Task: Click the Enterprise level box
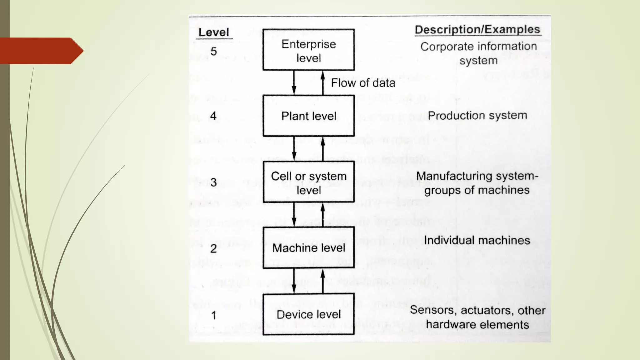coord(308,50)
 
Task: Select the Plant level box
coord(308,116)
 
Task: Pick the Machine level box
coord(308,248)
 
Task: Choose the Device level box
coord(308,314)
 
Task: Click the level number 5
coord(214,51)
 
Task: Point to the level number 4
coord(213,116)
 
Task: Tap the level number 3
coord(214,182)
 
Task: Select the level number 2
coord(214,248)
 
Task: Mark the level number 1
coord(214,315)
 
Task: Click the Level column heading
coord(214,32)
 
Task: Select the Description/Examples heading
coord(477,30)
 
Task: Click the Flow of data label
coord(363,83)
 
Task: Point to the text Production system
coord(477,116)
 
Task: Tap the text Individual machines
coord(477,240)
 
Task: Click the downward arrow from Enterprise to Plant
coord(294,82)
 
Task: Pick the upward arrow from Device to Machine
coord(323,281)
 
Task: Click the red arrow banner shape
coord(41,51)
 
